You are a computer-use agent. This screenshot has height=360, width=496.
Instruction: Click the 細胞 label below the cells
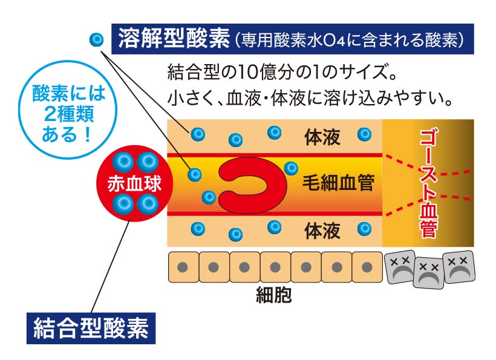coord(274,296)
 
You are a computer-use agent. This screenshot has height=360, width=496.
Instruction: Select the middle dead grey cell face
coord(428,273)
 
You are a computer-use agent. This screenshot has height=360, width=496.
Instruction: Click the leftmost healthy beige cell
coord(182,267)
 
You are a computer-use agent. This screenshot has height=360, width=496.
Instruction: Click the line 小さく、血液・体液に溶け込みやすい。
coord(309,98)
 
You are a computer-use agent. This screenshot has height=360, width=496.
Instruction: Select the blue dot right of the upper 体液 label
coord(364,134)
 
